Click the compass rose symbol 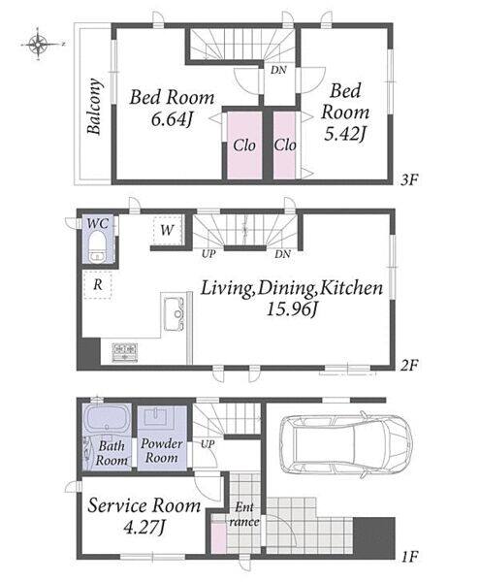pyautogui.click(x=39, y=45)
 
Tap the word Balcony pyautogui.click(x=94, y=106)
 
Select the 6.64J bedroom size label pyautogui.click(x=172, y=119)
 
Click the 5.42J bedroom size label pyautogui.click(x=345, y=134)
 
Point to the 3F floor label pyautogui.click(x=409, y=180)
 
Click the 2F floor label pyautogui.click(x=409, y=366)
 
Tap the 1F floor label pyautogui.click(x=410, y=557)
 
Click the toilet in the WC pyautogui.click(x=98, y=246)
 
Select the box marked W pyautogui.click(x=168, y=230)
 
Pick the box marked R pyautogui.click(x=98, y=284)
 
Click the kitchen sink pyautogui.click(x=174, y=313)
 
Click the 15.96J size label pyautogui.click(x=293, y=308)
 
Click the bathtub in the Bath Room pyautogui.click(x=107, y=419)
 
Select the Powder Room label pyautogui.click(x=161, y=450)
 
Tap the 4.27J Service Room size pyautogui.click(x=144, y=527)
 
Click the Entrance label pyautogui.click(x=244, y=514)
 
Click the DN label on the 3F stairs pyautogui.click(x=278, y=70)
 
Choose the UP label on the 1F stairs pyautogui.click(x=208, y=444)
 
